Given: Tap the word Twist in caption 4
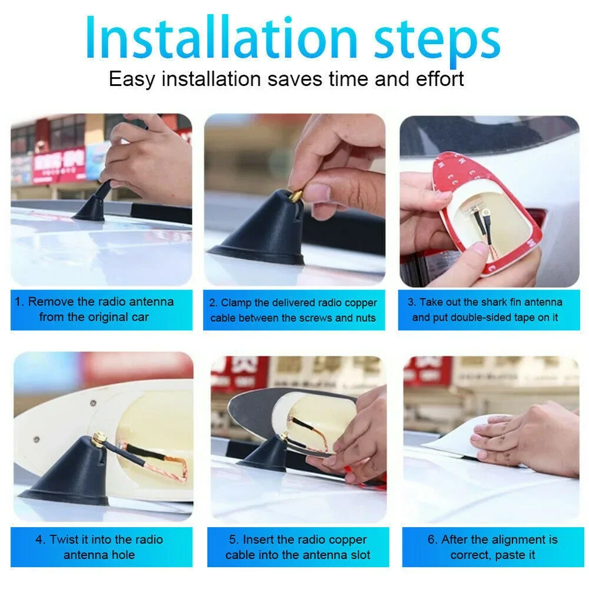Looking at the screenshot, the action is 64,540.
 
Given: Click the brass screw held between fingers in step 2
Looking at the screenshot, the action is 297,195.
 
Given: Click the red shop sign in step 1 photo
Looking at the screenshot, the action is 59,165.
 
